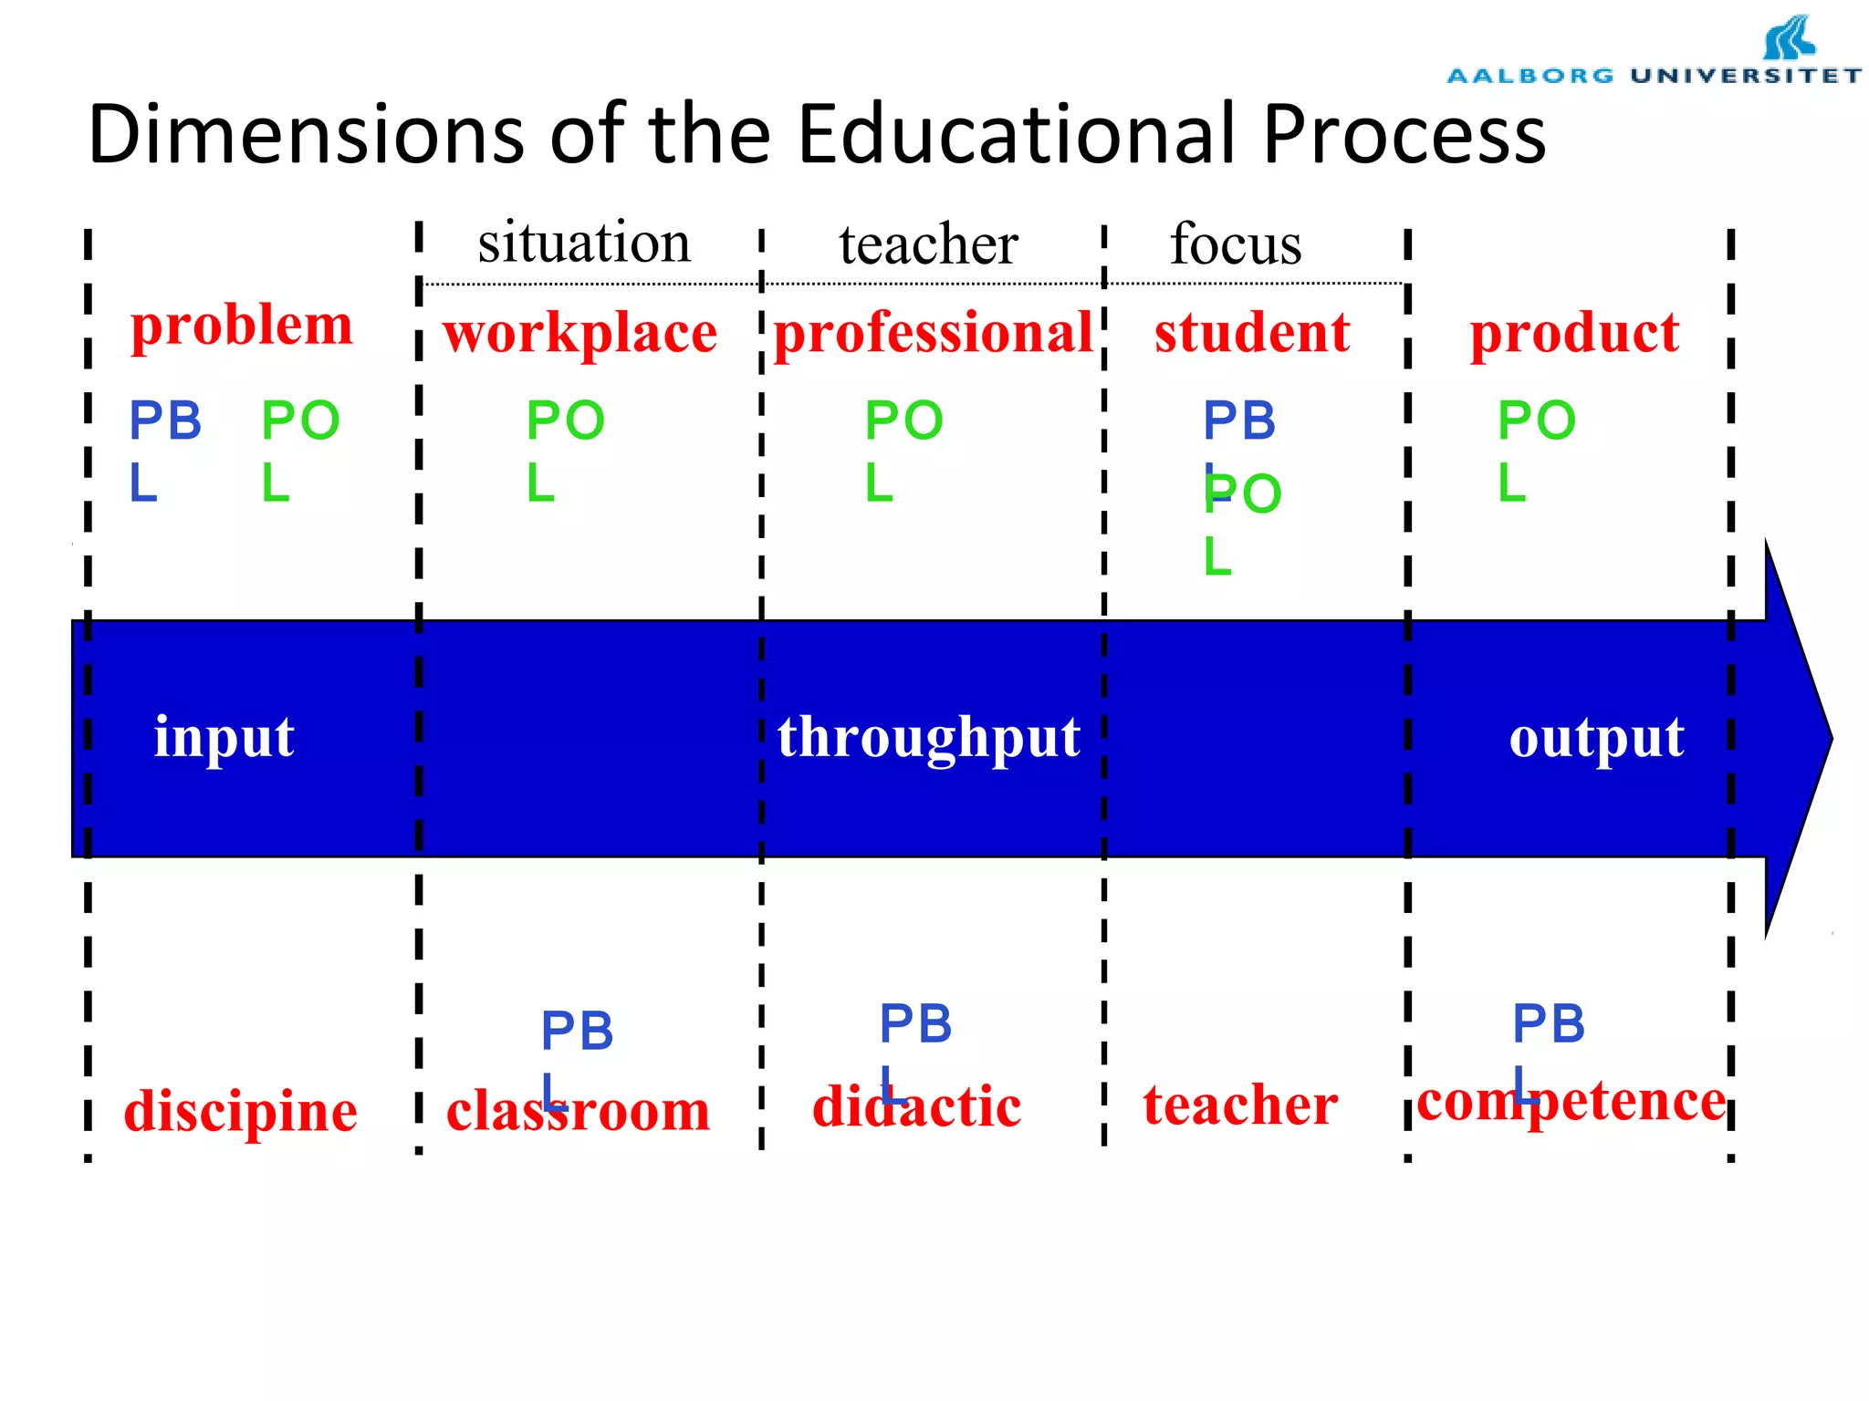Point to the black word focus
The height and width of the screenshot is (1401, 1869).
[1236, 244]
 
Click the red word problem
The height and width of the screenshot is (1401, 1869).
[242, 325]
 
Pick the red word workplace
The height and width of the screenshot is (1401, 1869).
[580, 333]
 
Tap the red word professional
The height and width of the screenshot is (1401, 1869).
[933, 332]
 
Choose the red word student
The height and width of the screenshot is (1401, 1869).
[1252, 332]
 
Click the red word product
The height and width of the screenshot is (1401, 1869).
[1574, 332]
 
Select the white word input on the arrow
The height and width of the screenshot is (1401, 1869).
[224, 737]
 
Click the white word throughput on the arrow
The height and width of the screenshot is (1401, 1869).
[929, 737]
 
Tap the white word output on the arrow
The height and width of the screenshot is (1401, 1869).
[1596, 737]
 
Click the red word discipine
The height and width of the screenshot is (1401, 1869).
[240, 1112]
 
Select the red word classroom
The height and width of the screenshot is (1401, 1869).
[578, 1112]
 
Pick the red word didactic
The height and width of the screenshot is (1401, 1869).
[916, 1106]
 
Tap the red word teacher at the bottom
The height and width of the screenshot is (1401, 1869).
[1240, 1105]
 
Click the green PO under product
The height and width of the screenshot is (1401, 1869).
[1537, 420]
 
